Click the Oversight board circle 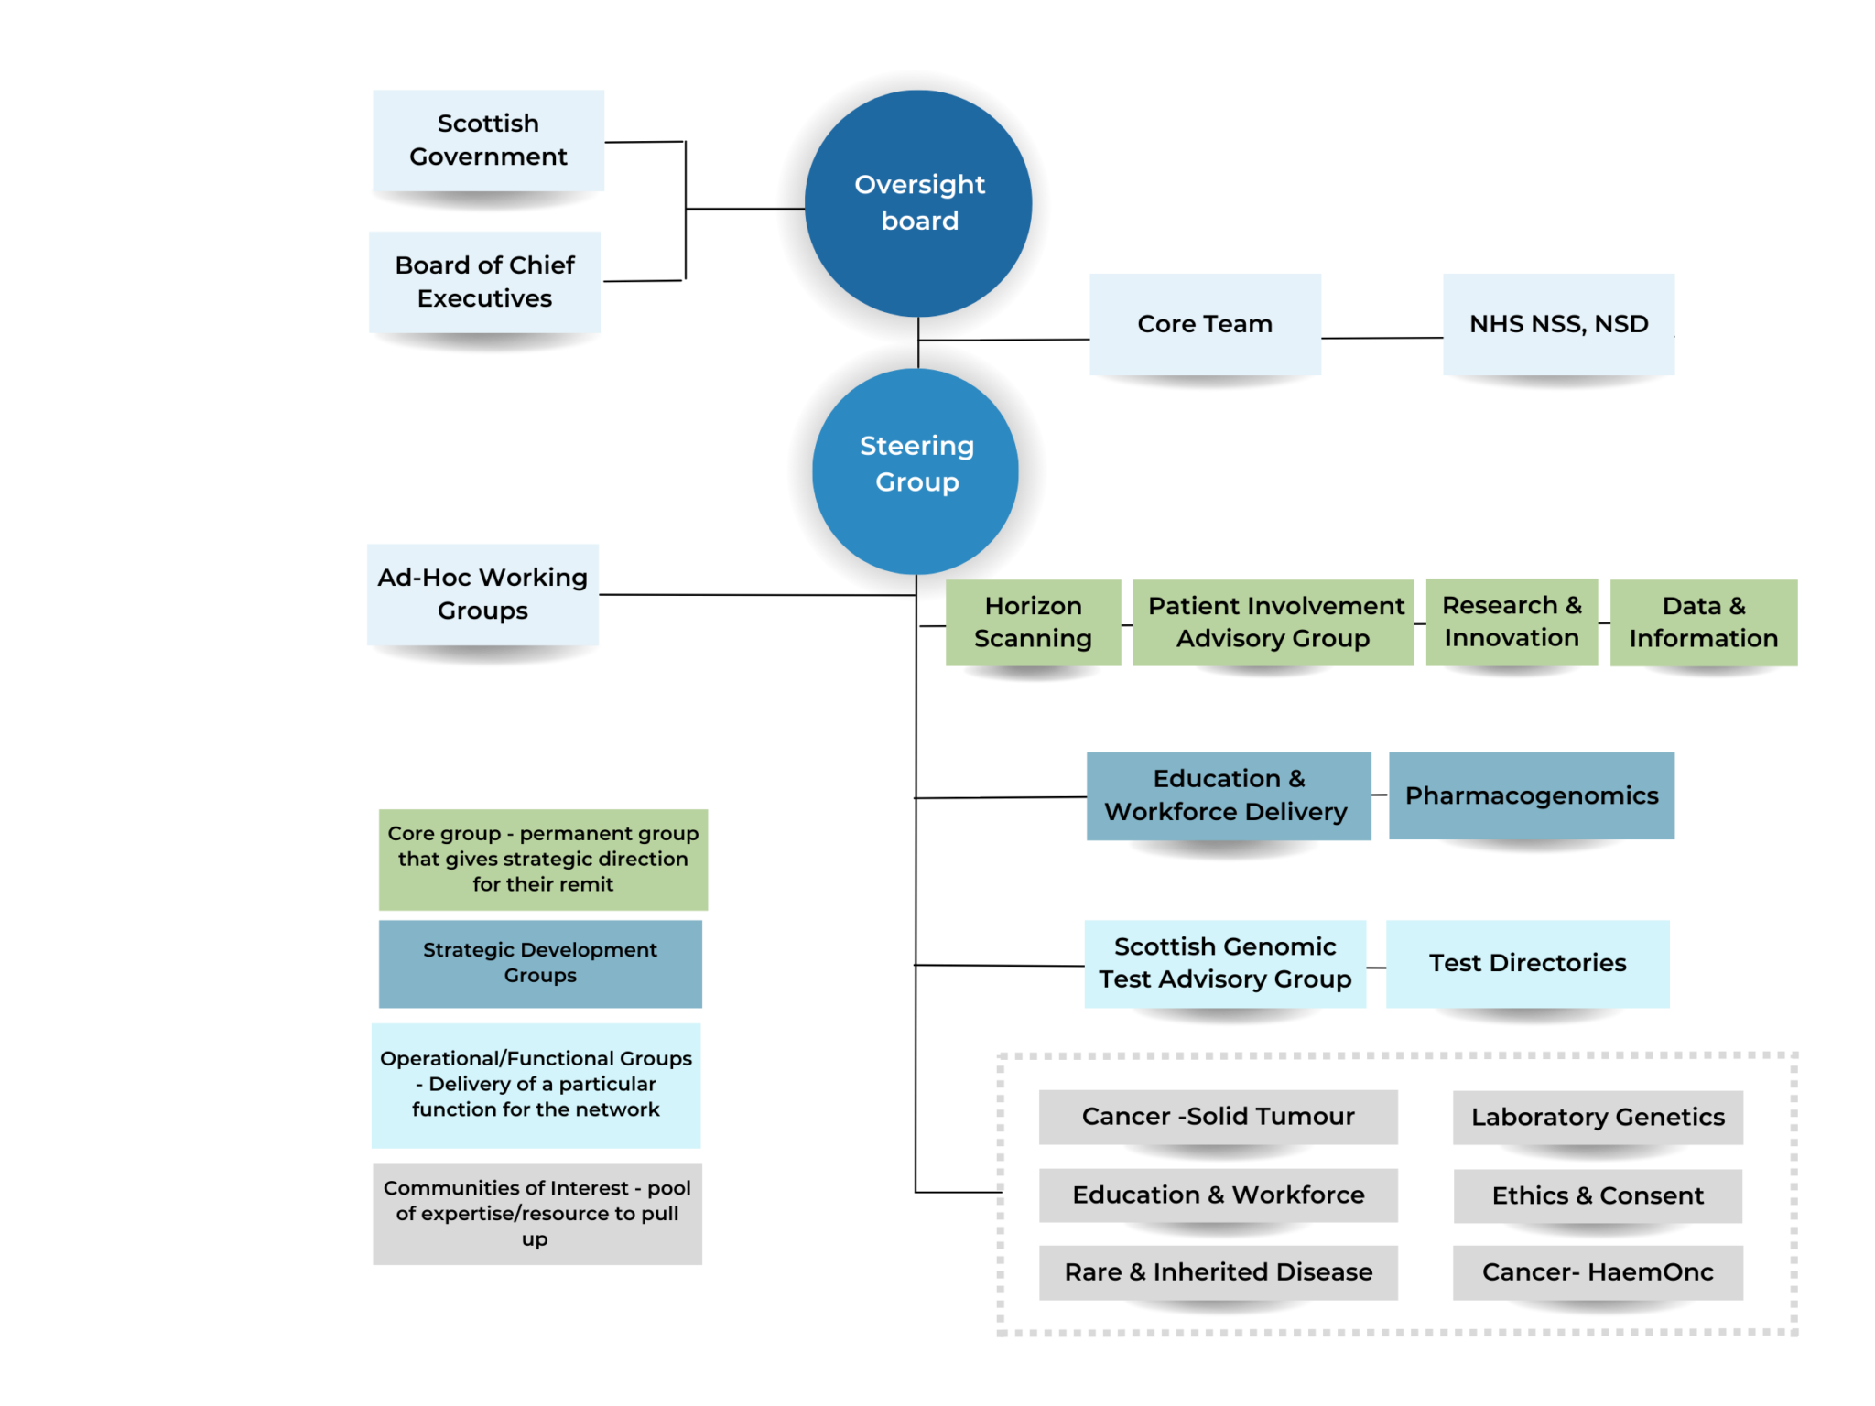tap(918, 203)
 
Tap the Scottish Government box tap(488, 140)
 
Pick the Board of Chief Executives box tap(484, 282)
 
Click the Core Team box tap(1205, 324)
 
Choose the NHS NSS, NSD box tap(1558, 324)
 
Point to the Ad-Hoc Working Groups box tap(482, 594)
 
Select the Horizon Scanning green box tap(1033, 622)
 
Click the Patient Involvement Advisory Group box tap(1273, 622)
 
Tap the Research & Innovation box tap(1511, 622)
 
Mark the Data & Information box tap(1703, 622)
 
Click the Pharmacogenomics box tap(1531, 795)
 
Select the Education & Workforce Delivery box tap(1228, 795)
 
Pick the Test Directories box tap(1527, 963)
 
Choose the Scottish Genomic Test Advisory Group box tap(1224, 963)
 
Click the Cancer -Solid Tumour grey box tap(1218, 1117)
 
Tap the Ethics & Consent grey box tap(1597, 1195)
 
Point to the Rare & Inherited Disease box tap(1218, 1271)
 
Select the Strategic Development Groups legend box tap(540, 963)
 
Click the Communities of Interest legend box tap(536, 1214)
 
